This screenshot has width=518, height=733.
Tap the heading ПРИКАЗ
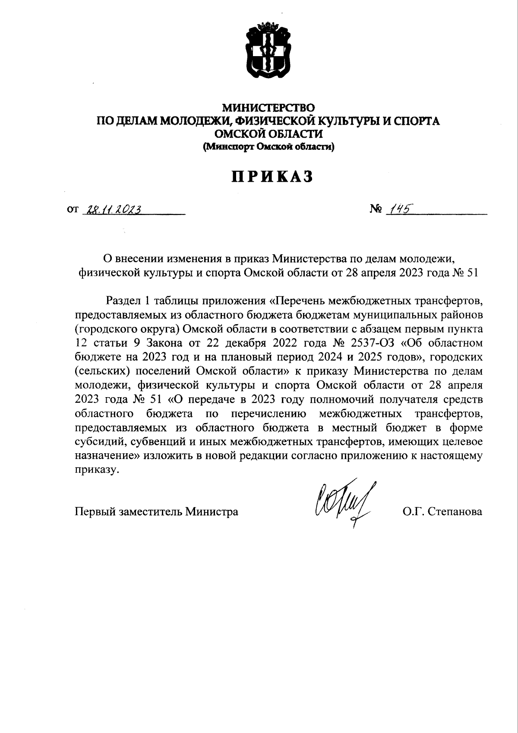click(x=272, y=177)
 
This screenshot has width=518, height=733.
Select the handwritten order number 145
click(x=398, y=209)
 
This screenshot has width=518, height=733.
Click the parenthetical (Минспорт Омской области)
click(x=268, y=147)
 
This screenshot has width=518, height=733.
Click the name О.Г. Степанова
click(x=442, y=512)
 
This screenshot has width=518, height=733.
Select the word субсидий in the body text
click(x=94, y=442)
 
